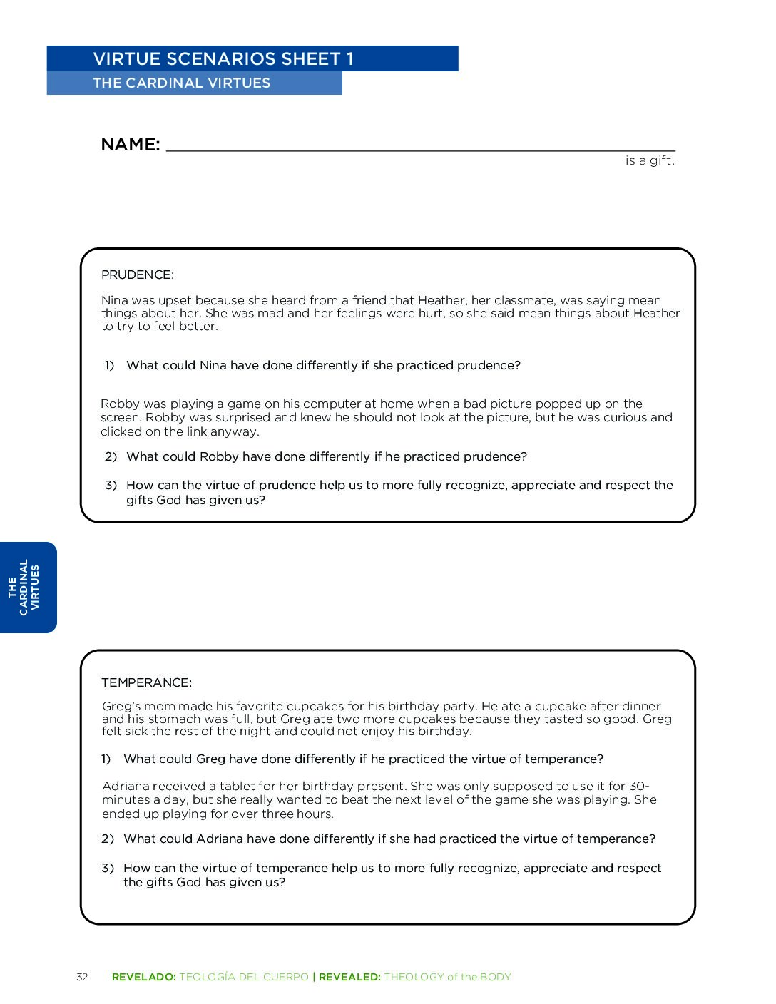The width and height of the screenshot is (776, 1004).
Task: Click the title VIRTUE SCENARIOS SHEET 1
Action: (x=223, y=59)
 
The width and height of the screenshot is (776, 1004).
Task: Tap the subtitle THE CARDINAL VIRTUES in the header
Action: (x=181, y=83)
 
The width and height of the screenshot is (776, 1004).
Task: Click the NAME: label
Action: (x=131, y=145)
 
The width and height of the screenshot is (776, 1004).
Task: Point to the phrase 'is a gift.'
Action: (x=649, y=161)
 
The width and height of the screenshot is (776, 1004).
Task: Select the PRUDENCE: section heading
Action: (x=138, y=275)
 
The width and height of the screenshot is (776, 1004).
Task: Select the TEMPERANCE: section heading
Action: (x=146, y=682)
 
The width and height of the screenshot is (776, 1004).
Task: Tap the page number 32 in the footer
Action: (x=82, y=977)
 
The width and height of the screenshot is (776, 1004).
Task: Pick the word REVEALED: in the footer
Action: (x=349, y=977)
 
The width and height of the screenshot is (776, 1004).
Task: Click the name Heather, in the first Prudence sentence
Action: (x=442, y=300)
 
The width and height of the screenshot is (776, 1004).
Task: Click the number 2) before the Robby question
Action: (x=111, y=456)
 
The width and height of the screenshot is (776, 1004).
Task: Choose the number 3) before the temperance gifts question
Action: (x=108, y=868)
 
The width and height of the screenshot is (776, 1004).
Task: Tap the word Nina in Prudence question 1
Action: (x=213, y=365)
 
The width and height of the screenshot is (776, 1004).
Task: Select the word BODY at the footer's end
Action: (x=496, y=977)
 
